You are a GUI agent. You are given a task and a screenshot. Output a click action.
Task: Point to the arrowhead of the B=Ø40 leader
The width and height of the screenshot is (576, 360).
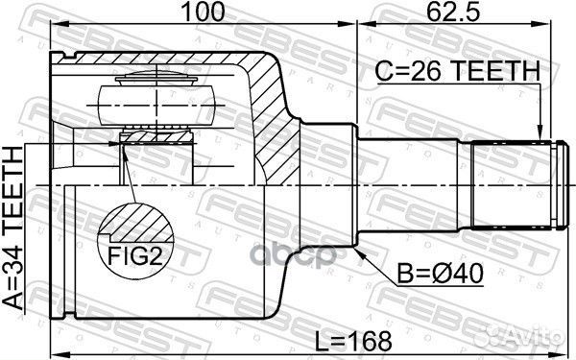click(361, 252)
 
